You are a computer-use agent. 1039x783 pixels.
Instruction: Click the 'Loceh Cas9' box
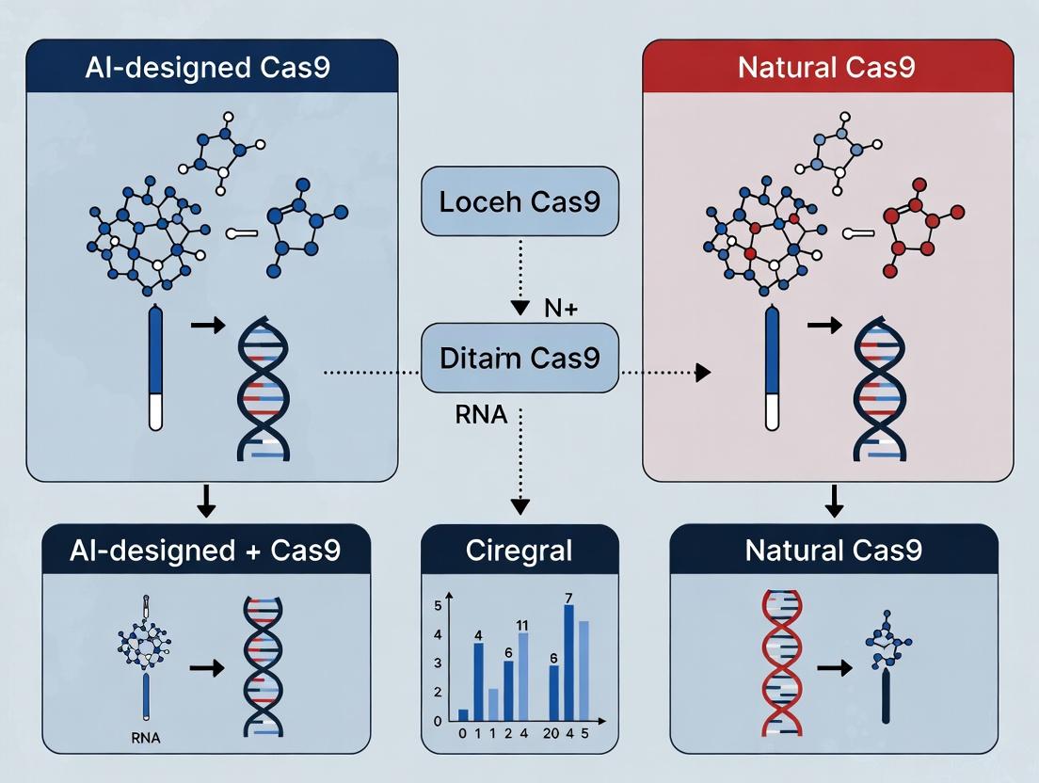click(x=519, y=201)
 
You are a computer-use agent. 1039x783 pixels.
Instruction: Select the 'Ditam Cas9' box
click(x=519, y=359)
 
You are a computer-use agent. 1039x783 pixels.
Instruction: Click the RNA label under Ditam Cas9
click(x=481, y=415)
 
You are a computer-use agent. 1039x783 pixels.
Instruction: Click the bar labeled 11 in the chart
click(x=523, y=677)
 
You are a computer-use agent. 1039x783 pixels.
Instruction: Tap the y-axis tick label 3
click(x=437, y=663)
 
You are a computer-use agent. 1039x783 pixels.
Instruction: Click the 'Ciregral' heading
click(x=519, y=551)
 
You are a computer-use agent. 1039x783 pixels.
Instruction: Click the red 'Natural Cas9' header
click(x=827, y=68)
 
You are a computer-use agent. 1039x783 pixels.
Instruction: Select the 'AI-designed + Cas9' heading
click(x=205, y=551)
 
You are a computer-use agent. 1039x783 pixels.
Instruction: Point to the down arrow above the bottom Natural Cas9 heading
click(x=833, y=503)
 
